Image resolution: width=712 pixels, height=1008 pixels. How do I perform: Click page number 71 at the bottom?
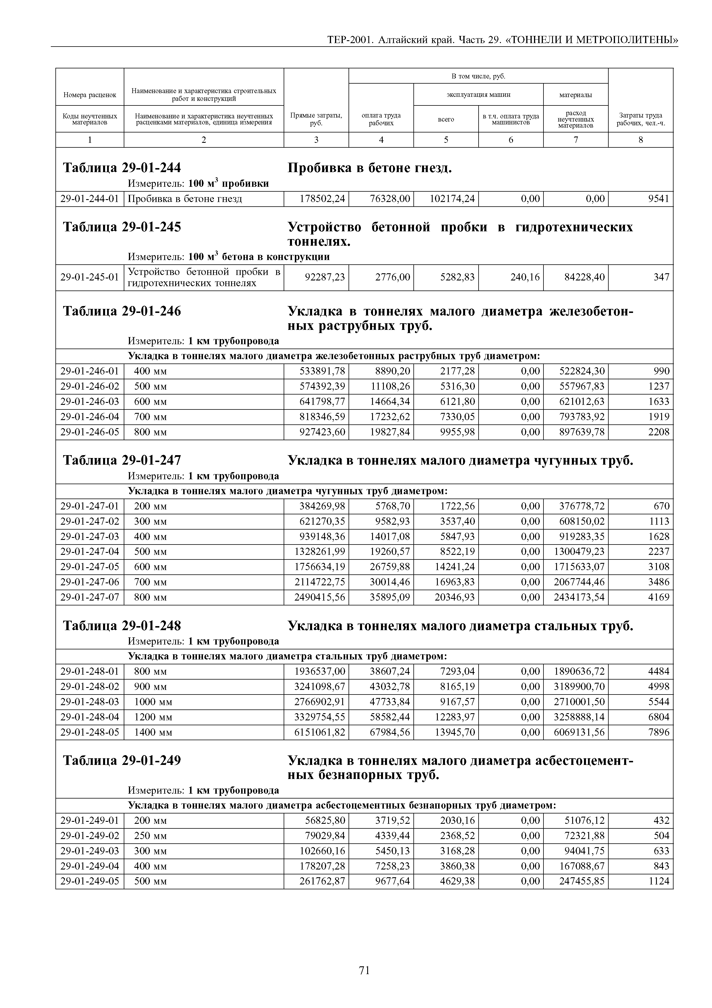tap(364, 971)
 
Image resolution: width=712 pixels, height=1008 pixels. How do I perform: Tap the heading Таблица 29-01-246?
tap(122, 311)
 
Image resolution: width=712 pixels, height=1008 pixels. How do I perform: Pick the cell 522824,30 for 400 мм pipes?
tap(582, 372)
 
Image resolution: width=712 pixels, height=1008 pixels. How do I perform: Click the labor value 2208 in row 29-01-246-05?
tap(659, 432)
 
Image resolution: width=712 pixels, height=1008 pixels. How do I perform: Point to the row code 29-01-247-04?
tap(90, 551)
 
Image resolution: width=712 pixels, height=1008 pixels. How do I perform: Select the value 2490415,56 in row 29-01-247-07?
tap(320, 597)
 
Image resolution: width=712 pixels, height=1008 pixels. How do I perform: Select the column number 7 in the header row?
tap(576, 140)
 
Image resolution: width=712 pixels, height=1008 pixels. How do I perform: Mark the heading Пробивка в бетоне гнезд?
tap(369, 168)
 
